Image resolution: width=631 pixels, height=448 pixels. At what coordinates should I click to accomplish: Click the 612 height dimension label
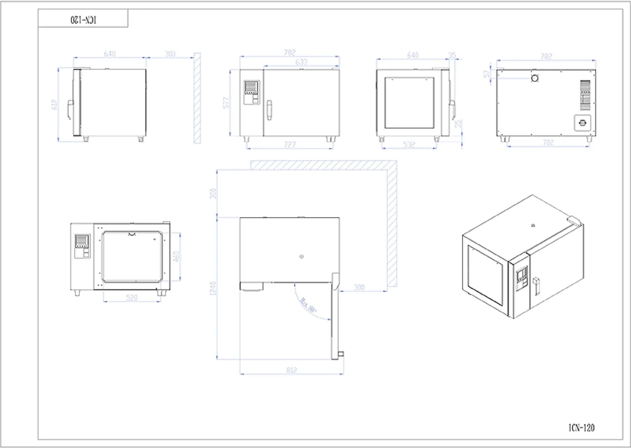coord(54,105)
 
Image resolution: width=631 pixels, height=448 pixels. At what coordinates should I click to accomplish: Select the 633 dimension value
coord(301,62)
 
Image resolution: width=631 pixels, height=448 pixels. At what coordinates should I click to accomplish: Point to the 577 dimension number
coord(226,103)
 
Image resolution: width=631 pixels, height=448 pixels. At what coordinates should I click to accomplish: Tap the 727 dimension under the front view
coord(290,145)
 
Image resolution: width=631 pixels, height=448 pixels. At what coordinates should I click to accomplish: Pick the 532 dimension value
coord(409,145)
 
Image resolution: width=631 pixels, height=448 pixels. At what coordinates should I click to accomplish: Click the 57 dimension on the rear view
coord(486,74)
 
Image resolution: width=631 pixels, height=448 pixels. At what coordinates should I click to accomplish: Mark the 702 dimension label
coord(548,143)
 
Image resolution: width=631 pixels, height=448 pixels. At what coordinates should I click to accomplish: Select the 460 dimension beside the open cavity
coord(176,256)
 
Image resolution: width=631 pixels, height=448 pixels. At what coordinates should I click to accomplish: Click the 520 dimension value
coord(132,298)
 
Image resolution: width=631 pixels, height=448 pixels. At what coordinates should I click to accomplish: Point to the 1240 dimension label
coord(213,289)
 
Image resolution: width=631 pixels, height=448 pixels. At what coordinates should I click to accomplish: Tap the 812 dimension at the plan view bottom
coord(292,370)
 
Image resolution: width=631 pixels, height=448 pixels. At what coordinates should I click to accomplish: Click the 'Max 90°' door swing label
coord(308,305)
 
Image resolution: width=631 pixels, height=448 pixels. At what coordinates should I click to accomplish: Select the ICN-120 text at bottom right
coord(581,428)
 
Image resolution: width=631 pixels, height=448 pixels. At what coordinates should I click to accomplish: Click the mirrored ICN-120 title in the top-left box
coord(83,20)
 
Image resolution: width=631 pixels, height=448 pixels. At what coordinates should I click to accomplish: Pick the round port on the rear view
coord(535,78)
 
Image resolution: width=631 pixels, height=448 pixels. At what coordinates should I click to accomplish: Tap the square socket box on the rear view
coord(582,123)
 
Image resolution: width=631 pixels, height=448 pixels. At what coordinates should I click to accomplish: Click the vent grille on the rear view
coord(585,95)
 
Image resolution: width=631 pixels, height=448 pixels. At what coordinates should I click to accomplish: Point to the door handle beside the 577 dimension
coord(269,110)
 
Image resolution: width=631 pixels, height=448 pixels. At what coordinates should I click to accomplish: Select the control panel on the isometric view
coord(522,278)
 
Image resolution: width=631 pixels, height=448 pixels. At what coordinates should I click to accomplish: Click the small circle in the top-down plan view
coord(301,257)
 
